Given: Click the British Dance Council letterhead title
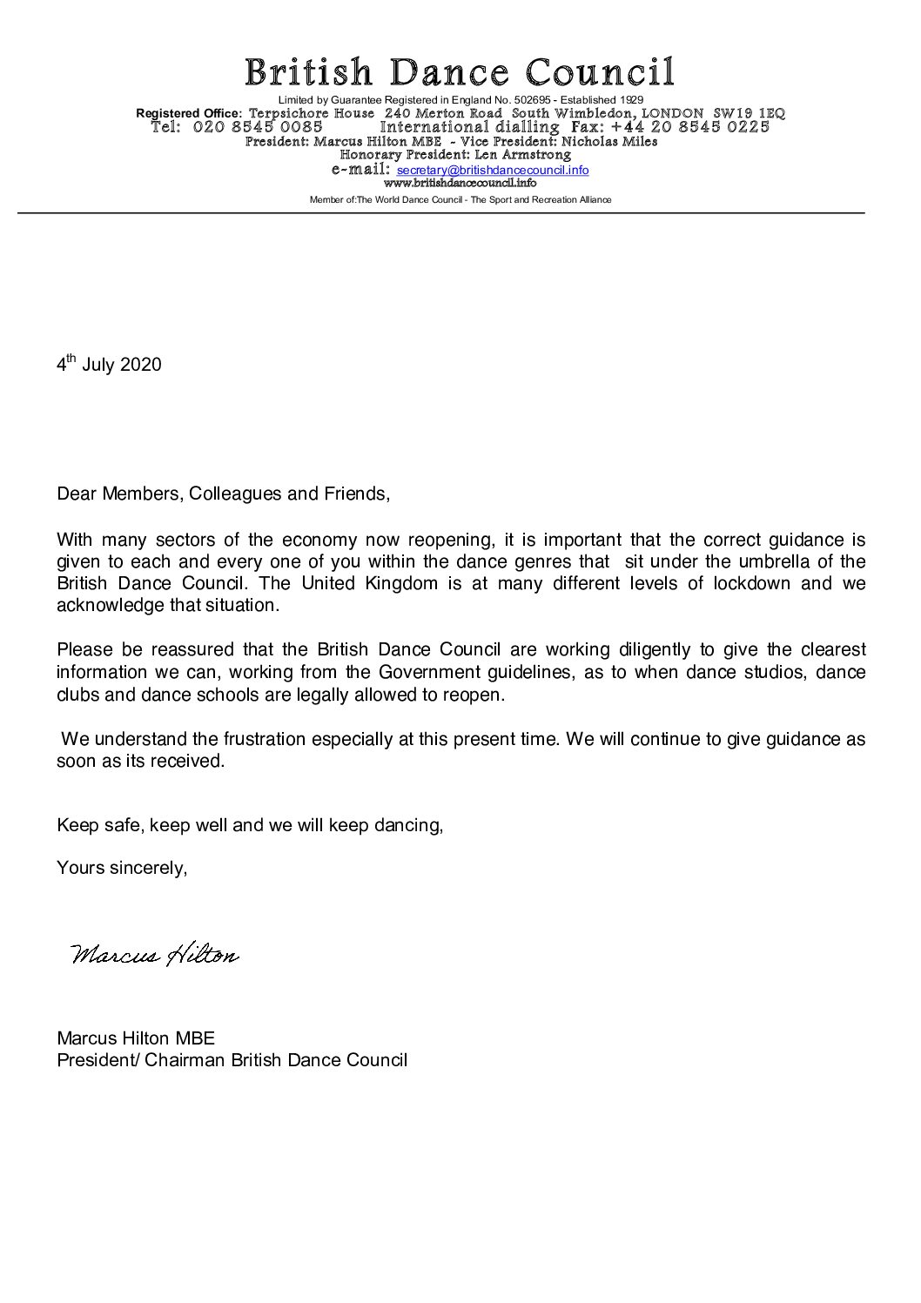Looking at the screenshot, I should [459, 71].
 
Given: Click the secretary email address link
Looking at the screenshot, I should [493, 171].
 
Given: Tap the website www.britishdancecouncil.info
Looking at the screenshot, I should [460, 184].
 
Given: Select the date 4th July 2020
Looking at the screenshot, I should [109, 364].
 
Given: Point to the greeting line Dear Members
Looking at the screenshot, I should [223, 494].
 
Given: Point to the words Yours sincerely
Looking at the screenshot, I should [122, 868].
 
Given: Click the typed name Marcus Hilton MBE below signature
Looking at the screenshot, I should [136, 1038].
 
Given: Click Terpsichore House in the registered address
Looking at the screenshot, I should [312, 114].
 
